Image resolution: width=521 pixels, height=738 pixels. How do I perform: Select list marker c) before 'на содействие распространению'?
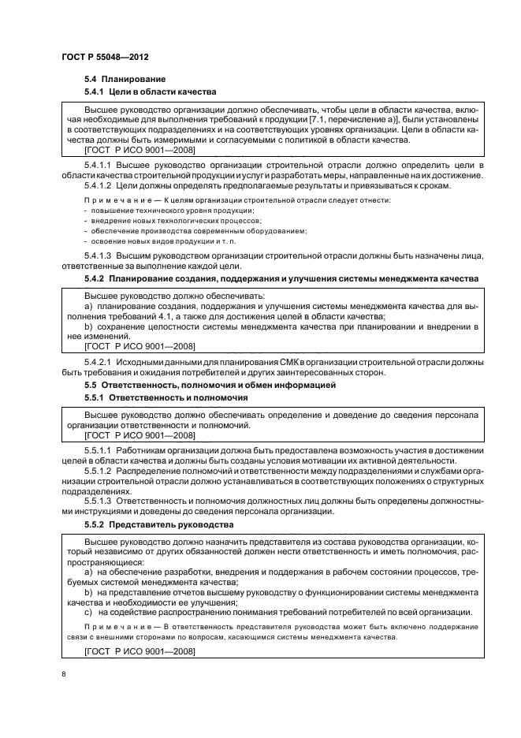point(87,613)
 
